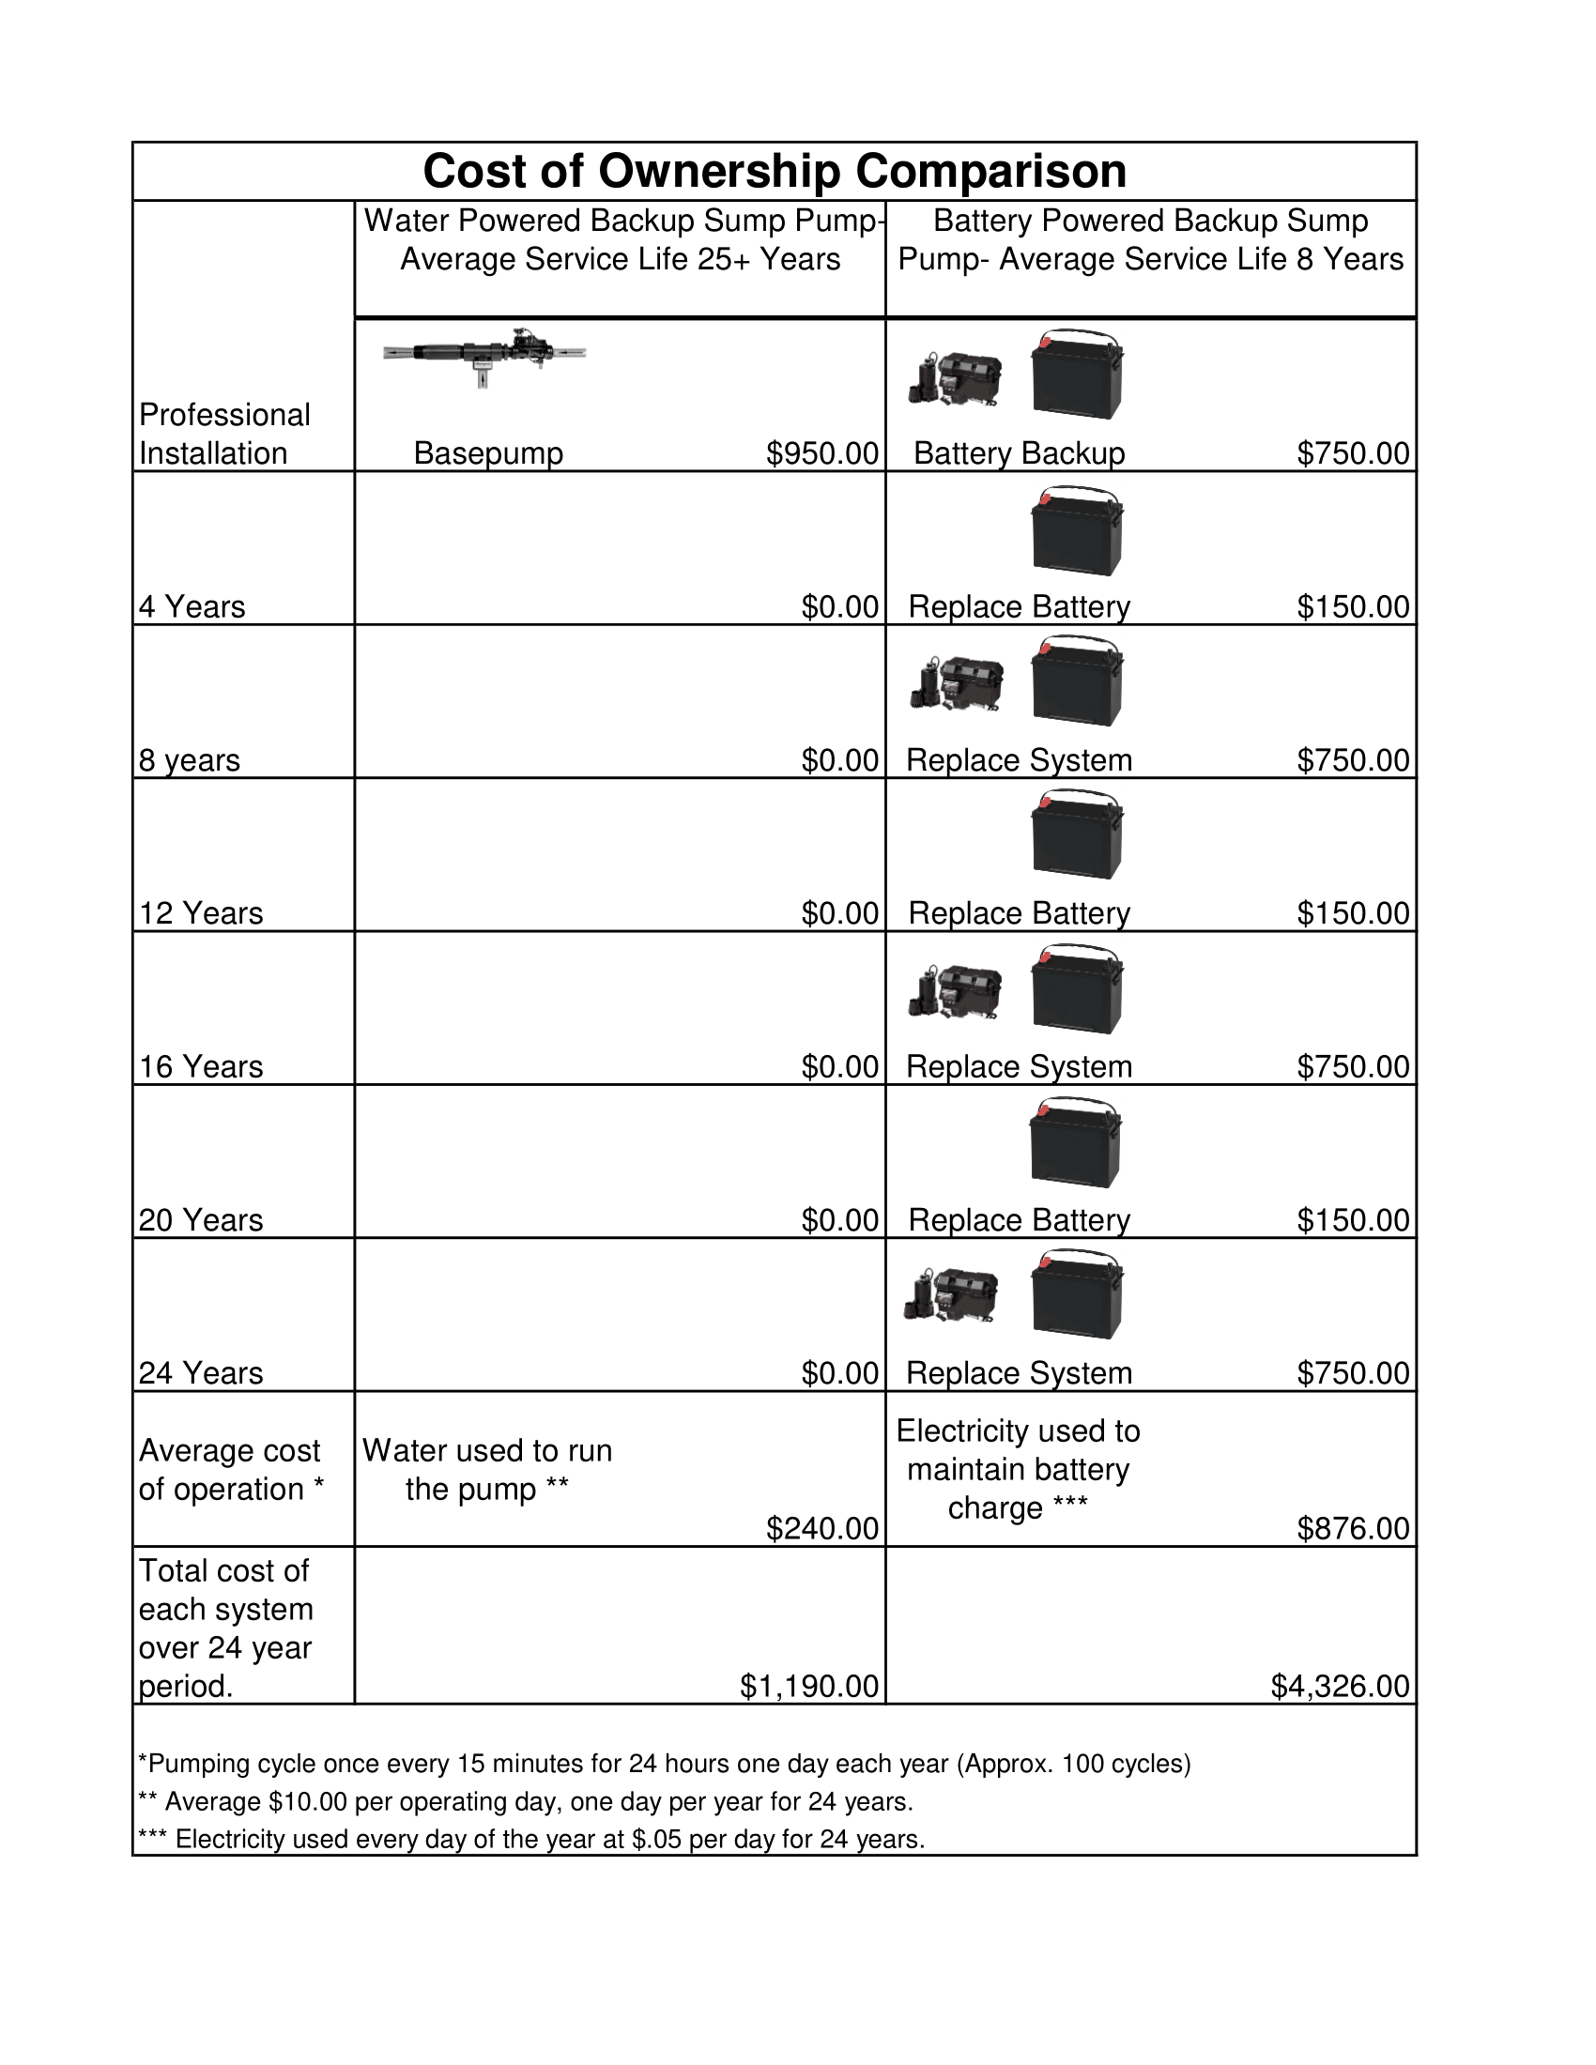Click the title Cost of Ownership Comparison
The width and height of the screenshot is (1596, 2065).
(774, 171)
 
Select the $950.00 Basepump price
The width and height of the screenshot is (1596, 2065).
(821, 454)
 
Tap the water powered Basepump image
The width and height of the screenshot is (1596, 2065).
(484, 357)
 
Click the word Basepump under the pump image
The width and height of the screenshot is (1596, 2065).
(488, 454)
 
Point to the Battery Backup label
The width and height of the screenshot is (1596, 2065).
(1019, 454)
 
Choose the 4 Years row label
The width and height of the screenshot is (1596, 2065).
(192, 607)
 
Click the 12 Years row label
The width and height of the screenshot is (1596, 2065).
(201, 913)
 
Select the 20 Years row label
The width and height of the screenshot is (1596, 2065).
(201, 1220)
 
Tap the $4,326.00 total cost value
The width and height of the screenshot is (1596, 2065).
(1339, 1686)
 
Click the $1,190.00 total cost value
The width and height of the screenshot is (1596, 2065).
(808, 1686)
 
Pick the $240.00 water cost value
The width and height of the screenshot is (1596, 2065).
(821, 1529)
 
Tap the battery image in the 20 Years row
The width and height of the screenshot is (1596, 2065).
(1076, 1143)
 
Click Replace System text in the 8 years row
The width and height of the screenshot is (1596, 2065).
(1019, 760)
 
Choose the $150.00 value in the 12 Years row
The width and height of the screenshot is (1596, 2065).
(1352, 913)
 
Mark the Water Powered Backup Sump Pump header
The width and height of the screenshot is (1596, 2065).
(621, 240)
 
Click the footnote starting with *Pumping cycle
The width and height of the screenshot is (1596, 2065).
(664, 1765)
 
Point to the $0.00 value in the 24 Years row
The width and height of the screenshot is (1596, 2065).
(839, 1374)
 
